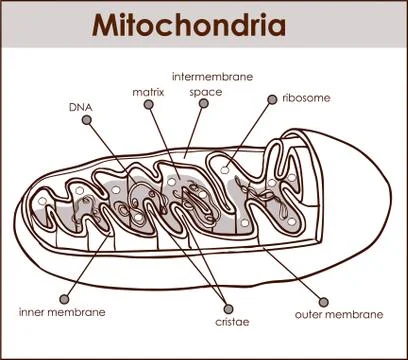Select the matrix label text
tap(148, 92)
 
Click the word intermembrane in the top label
tap(212, 76)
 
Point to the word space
tap(206, 92)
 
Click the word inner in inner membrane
tap(33, 312)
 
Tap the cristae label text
tap(233, 322)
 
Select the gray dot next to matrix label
tap(147, 105)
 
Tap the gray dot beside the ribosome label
tap(271, 98)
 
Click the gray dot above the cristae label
tap(231, 307)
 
